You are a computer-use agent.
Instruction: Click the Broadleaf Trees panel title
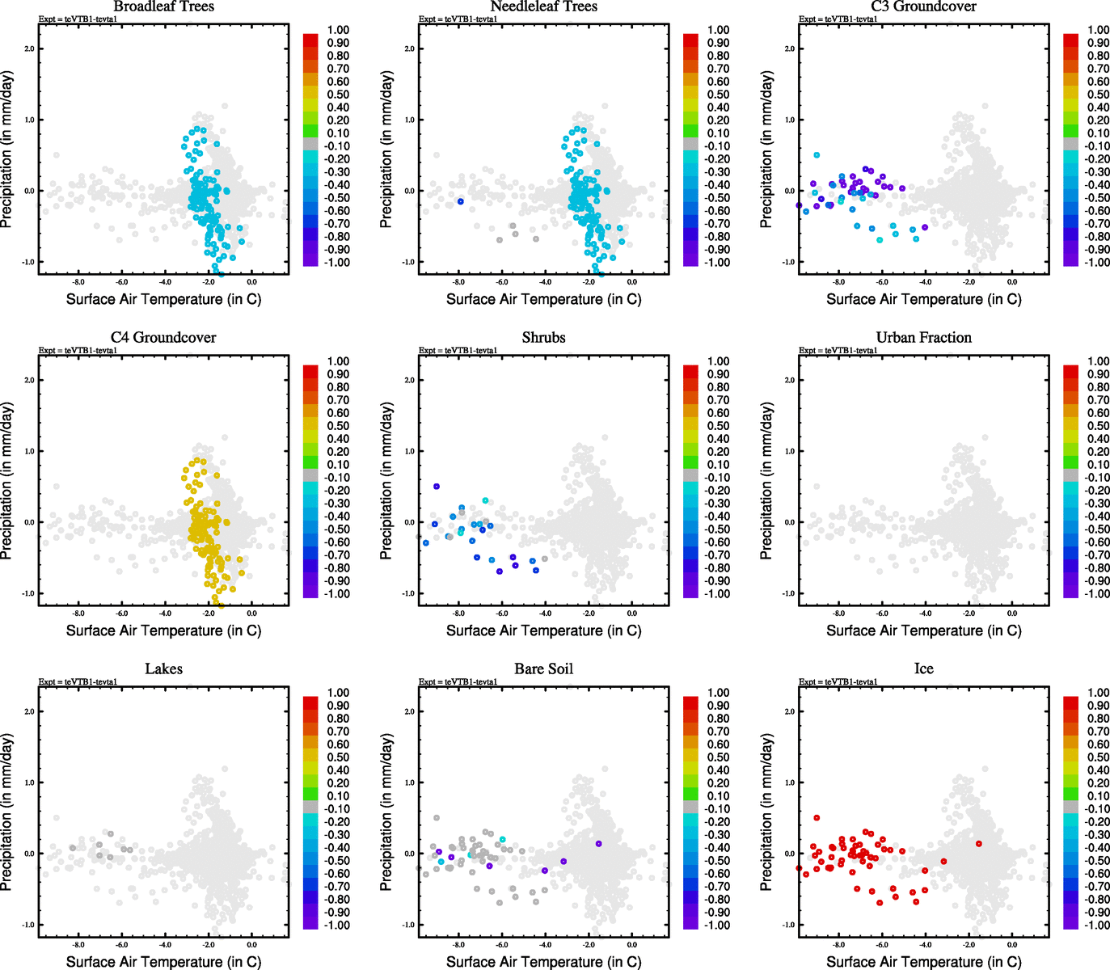click(163, 6)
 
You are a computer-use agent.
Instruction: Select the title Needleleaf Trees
click(543, 6)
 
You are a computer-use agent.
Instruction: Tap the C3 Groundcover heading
click(923, 6)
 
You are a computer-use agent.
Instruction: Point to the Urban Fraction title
click(923, 338)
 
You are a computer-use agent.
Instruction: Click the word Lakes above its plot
click(163, 669)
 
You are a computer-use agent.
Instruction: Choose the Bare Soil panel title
click(543, 669)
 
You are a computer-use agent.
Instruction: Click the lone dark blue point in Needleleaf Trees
click(460, 201)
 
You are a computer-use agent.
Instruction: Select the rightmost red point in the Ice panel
click(978, 844)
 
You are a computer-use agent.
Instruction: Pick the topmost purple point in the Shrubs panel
click(437, 487)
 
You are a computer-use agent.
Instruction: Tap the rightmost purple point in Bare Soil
click(598, 844)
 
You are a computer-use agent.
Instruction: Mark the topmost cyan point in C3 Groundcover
click(817, 155)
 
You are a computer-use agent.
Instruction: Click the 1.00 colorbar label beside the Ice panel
click(1098, 693)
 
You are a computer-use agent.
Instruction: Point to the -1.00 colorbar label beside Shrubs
click(716, 594)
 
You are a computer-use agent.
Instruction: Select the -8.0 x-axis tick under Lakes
click(78, 945)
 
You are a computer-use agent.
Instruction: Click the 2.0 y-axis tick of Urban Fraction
click(789, 380)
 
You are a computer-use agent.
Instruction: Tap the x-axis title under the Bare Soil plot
click(543, 962)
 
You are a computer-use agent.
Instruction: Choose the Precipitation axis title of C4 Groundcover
click(7, 481)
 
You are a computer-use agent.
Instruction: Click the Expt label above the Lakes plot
click(78, 682)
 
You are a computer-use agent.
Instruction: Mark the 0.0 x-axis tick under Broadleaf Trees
click(251, 282)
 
